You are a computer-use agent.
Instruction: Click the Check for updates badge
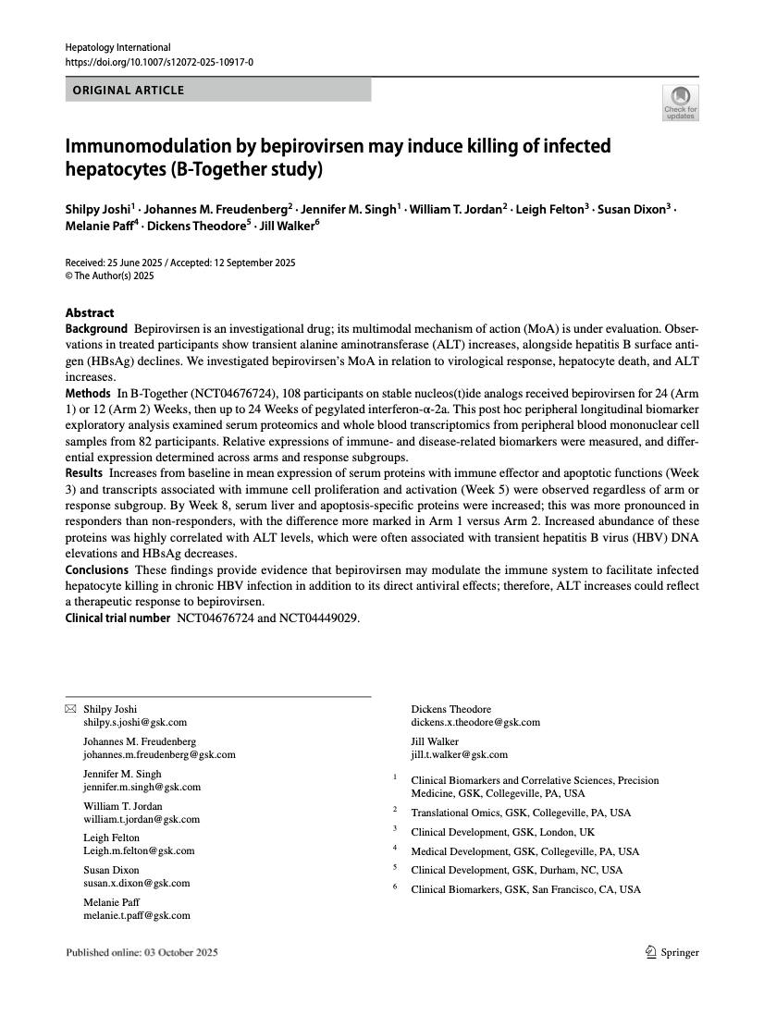(x=681, y=103)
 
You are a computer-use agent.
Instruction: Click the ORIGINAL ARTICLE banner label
(x=129, y=91)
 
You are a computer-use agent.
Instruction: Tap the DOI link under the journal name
(x=159, y=62)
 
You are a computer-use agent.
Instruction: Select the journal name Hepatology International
(x=118, y=47)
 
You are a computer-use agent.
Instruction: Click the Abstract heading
(x=90, y=312)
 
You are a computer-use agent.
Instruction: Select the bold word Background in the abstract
(x=96, y=329)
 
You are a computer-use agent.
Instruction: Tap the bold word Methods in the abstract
(x=88, y=394)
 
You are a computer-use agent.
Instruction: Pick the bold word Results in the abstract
(x=84, y=472)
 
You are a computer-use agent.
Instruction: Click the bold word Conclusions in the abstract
(x=97, y=569)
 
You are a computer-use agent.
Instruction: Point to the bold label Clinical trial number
(x=117, y=618)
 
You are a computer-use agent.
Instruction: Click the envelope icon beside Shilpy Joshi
(x=71, y=709)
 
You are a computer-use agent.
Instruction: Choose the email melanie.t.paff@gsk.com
(x=137, y=915)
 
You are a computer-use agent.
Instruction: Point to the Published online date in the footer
(x=142, y=952)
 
